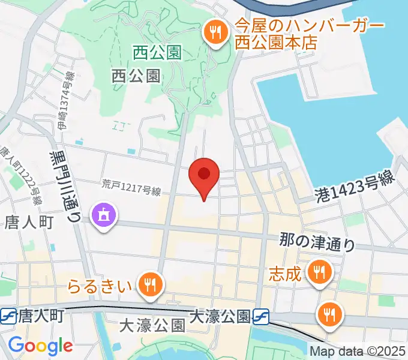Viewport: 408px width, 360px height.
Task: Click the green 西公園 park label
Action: coord(157,53)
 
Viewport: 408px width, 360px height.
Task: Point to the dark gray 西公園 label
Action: coord(136,76)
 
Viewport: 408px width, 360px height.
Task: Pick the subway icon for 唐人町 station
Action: coord(8,314)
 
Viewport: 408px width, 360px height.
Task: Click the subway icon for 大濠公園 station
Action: coord(260,314)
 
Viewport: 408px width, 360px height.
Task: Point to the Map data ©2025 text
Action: coord(358,350)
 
